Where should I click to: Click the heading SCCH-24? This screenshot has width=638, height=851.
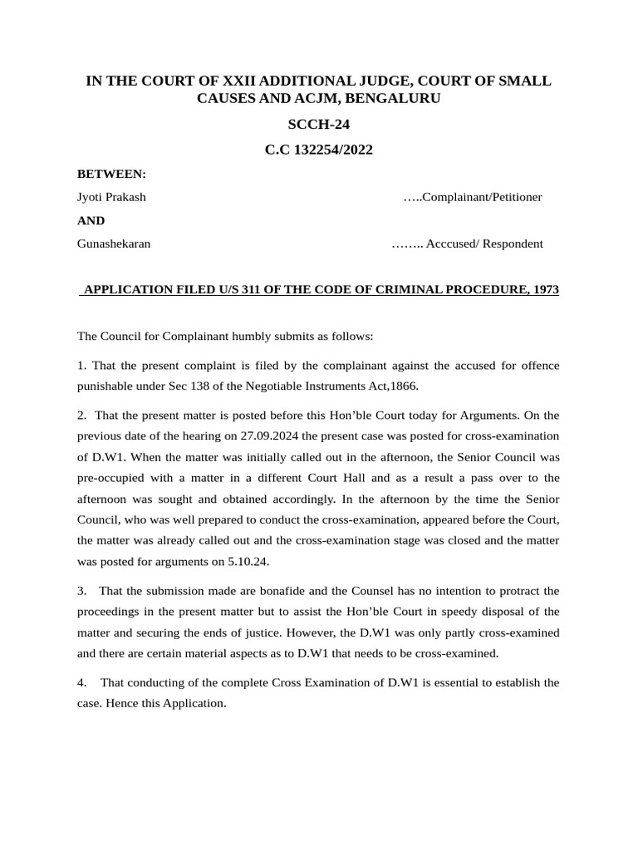318,125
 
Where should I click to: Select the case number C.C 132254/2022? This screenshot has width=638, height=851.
318,150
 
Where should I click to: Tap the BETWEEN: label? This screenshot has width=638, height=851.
111,174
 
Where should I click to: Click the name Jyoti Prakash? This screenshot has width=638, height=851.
111,197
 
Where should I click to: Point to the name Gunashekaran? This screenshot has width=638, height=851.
114,243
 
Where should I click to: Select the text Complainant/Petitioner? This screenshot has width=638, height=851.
482,197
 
